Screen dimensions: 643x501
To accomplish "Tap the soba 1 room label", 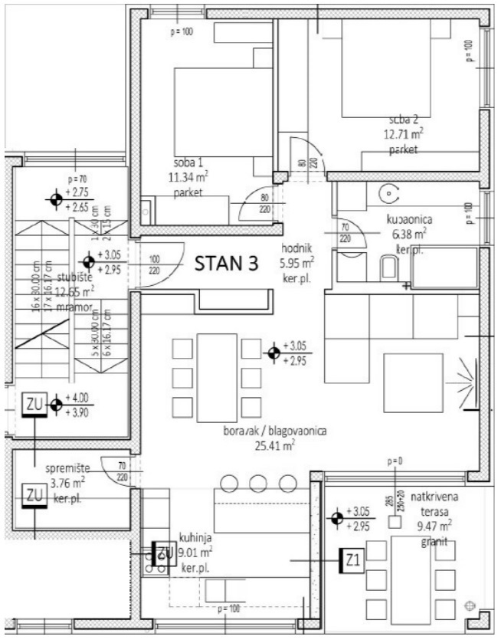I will click(188, 163).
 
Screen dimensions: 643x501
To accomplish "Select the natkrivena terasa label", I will click(427, 504).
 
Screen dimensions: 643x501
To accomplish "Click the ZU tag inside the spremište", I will click(34, 495).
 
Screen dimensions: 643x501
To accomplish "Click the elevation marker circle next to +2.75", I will click(56, 200).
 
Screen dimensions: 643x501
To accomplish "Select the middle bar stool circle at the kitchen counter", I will click(257, 483).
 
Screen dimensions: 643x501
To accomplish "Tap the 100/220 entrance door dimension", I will click(156, 264).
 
